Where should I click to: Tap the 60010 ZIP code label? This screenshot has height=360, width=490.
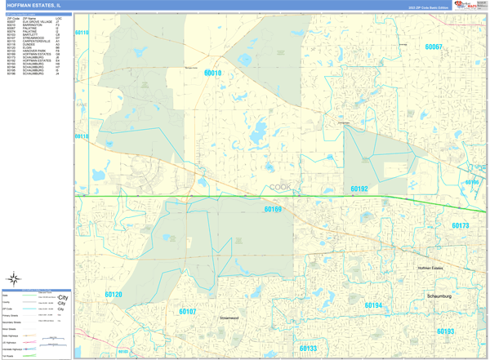click(212, 73)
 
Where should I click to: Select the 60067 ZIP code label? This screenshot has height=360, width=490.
click(433, 47)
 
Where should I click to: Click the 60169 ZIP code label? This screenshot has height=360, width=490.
click(273, 210)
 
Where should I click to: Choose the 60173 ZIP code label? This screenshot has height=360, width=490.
click(460, 226)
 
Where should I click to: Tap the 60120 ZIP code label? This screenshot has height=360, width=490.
click(114, 295)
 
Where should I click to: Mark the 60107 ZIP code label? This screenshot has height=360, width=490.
click(188, 311)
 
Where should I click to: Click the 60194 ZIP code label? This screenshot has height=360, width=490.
click(373, 305)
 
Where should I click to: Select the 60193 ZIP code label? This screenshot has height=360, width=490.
click(445, 331)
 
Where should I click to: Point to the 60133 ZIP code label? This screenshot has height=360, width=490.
click(307, 349)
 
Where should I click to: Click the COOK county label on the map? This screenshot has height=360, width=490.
click(280, 187)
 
